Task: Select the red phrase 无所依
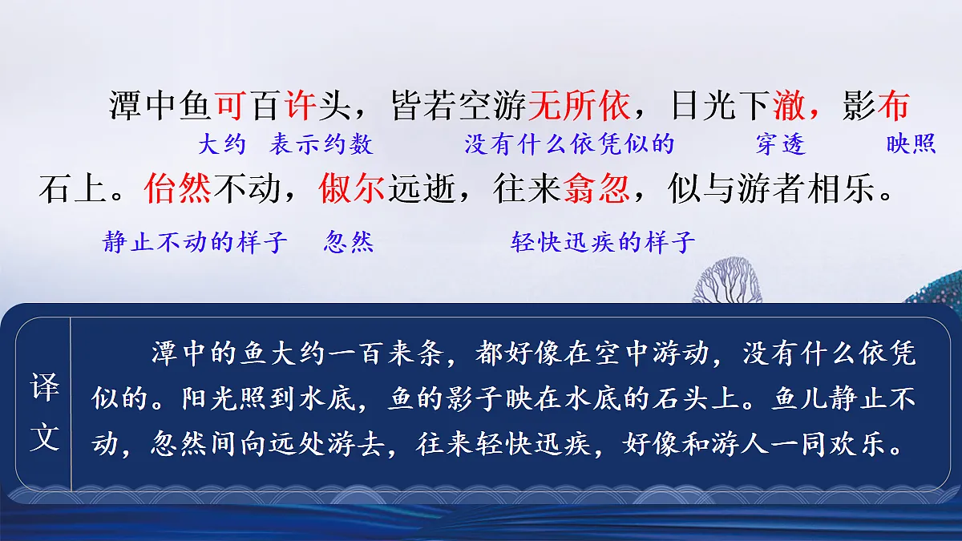[x=577, y=105]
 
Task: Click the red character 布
[x=893, y=105]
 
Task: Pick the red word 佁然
[x=178, y=189]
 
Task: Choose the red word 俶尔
[x=352, y=189]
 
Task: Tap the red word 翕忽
[x=596, y=189]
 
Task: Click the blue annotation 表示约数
[x=321, y=144]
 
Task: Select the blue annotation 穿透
[x=780, y=144]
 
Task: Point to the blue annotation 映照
[x=911, y=144]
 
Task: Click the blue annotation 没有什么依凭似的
[x=569, y=144]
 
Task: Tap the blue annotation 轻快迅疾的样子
[x=603, y=242]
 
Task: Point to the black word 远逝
[x=421, y=189]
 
